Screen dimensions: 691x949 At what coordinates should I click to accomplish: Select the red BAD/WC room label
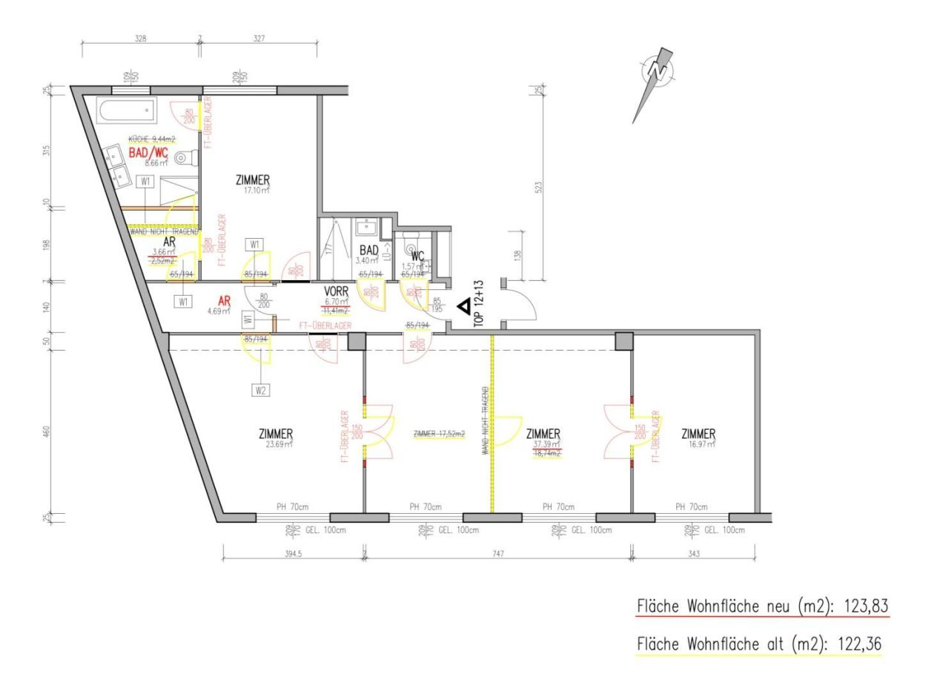click(148, 152)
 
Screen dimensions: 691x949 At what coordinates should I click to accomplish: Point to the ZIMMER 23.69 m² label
click(276, 434)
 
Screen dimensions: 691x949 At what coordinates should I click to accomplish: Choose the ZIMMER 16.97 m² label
click(698, 434)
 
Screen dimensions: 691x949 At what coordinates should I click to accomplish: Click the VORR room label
click(337, 291)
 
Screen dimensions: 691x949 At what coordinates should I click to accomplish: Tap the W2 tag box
click(260, 389)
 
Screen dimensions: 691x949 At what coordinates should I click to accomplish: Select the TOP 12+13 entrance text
click(479, 304)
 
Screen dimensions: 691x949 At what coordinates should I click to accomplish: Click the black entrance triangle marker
click(462, 305)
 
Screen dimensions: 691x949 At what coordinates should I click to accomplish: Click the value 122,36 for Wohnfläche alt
click(857, 644)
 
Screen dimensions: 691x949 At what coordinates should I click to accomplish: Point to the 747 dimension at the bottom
click(497, 554)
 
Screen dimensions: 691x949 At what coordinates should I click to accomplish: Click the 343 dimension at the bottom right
click(694, 554)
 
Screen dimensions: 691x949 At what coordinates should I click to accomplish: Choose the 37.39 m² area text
click(546, 444)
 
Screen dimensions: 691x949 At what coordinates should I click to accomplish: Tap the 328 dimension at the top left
click(140, 39)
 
